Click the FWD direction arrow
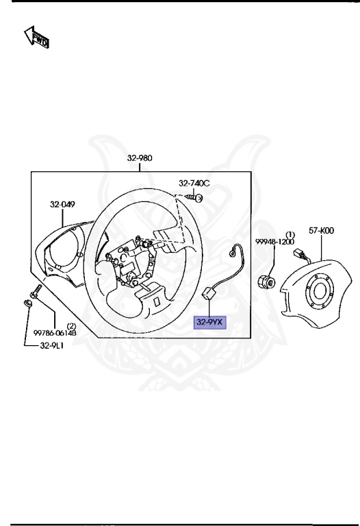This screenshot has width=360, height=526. point(37,37)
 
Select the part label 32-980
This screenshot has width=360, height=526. point(140,158)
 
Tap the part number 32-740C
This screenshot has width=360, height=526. point(194,183)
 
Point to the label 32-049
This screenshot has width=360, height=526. point(63,204)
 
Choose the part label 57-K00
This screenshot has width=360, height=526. point(321,231)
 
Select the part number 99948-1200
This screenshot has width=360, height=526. point(275,242)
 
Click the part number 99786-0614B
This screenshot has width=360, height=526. point(55,333)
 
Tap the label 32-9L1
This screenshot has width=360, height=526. point(51,345)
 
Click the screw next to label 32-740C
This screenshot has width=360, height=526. point(195,197)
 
